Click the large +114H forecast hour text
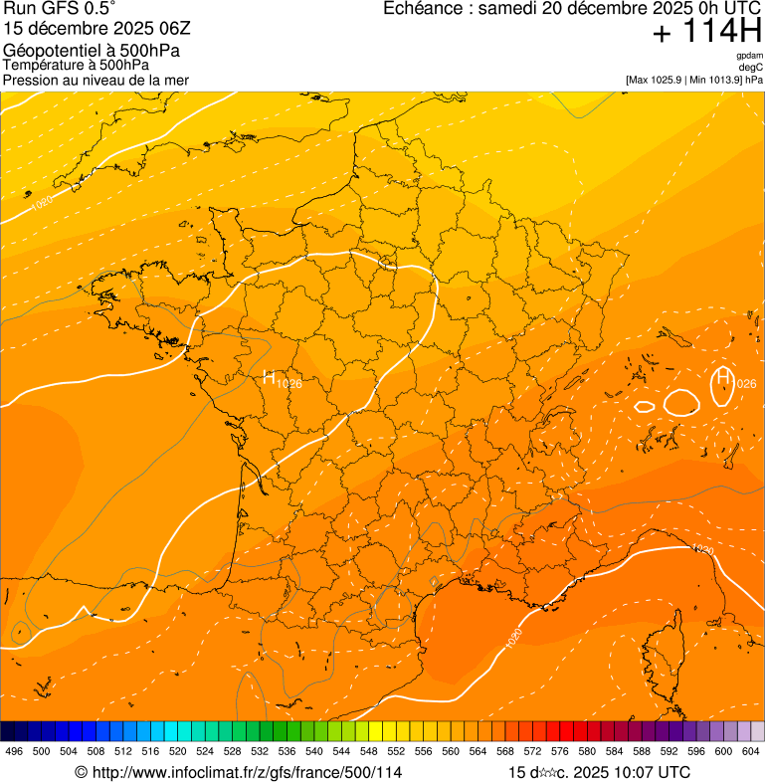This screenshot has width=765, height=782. [706, 32]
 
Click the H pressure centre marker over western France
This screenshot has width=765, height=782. [270, 377]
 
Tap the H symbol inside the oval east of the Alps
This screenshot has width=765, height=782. [723, 377]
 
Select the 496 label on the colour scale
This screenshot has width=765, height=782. [14, 751]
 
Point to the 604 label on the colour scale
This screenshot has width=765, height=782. [751, 751]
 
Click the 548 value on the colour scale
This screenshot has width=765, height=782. [369, 751]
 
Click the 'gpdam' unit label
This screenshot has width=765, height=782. [750, 56]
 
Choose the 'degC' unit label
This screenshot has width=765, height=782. [752, 68]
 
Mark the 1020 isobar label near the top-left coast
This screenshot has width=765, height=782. [42, 203]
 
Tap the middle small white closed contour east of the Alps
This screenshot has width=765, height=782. [681, 401]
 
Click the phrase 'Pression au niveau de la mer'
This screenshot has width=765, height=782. [96, 80]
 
